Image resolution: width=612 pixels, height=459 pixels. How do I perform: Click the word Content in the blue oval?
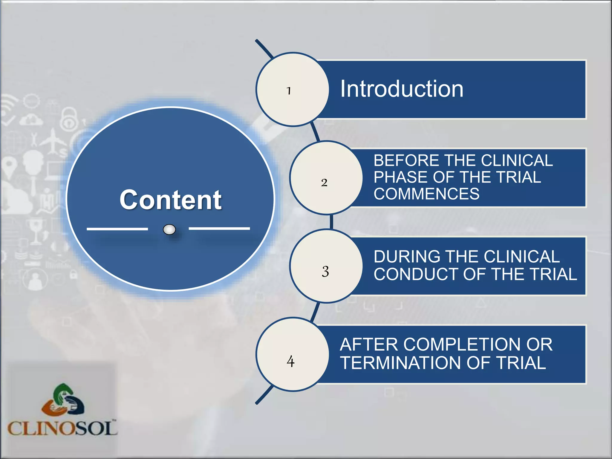coord(170,200)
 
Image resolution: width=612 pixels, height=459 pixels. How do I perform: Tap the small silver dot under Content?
coord(169,229)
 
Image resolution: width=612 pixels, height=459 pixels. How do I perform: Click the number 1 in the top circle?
coord(289,91)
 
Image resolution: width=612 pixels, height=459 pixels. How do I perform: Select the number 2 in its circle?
coord(324,182)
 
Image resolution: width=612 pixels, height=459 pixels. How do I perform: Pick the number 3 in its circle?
coord(325,271)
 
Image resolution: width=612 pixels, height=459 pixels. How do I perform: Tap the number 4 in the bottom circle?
coord(290,361)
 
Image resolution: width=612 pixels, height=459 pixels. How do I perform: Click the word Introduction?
coord(402,89)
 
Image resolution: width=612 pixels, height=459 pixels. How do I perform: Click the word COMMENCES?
coord(426,194)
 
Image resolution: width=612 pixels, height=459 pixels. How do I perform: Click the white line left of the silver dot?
coord(117,229)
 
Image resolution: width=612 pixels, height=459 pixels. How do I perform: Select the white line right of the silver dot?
coord(219,228)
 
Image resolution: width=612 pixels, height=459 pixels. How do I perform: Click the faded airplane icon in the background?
coord(53,140)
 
